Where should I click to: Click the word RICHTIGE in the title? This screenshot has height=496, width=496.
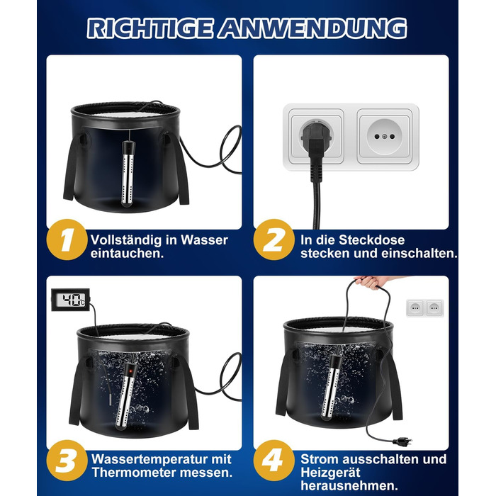[150, 28]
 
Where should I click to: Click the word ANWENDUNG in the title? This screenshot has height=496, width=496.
[313, 28]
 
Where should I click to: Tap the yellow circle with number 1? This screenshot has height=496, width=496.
[67, 239]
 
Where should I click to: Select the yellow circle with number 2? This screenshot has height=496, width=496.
[274, 239]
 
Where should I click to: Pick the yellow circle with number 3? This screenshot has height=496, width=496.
[67, 461]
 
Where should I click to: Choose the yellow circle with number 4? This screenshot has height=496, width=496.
[274, 461]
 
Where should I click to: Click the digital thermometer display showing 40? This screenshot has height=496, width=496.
[70, 300]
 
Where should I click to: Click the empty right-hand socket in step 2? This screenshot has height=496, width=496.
[385, 136]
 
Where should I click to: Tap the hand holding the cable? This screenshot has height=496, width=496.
[370, 282]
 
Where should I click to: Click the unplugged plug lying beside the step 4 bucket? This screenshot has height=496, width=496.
[402, 441]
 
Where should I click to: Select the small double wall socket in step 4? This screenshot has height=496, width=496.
[425, 308]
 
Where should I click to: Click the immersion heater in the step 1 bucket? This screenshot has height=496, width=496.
[128, 174]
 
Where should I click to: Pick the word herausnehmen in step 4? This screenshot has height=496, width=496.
[349, 485]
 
